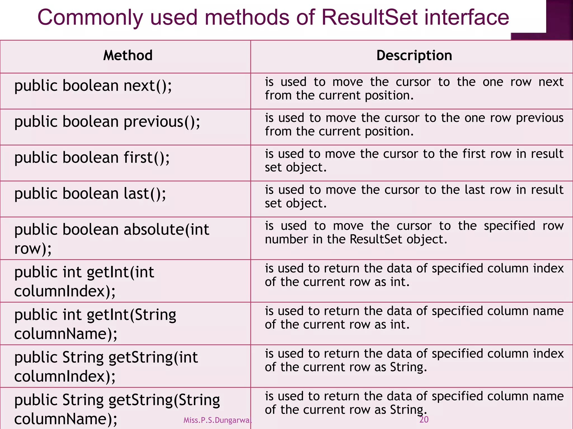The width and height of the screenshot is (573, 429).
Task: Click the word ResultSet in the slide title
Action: pyautogui.click(x=370, y=17)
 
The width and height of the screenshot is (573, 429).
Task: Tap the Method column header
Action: pyautogui.click(x=128, y=55)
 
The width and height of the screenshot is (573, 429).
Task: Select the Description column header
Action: pyautogui.click(x=414, y=55)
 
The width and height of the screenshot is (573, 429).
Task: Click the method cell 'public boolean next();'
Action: pyautogui.click(x=93, y=85)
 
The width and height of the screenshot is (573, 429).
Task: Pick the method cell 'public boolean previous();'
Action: pyautogui.click(x=107, y=122)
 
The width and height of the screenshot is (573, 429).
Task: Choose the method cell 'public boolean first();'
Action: pyautogui.click(x=92, y=158)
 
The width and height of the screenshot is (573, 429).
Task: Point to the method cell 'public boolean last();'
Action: pyautogui.click(x=90, y=194)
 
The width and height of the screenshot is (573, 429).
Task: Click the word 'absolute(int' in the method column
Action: pyautogui.click(x=166, y=230)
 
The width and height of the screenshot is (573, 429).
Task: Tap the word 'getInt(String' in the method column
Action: pyautogui.click(x=131, y=315)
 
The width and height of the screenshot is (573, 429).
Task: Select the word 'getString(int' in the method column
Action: pyautogui.click(x=153, y=357)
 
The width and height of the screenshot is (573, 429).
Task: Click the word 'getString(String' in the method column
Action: pyautogui.click(x=164, y=400)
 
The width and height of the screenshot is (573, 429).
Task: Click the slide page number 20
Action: pyautogui.click(x=424, y=419)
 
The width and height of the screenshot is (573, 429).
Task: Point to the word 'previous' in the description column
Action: pyautogui.click(x=539, y=118)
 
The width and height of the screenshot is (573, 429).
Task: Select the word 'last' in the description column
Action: pyautogui.click(x=475, y=190)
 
